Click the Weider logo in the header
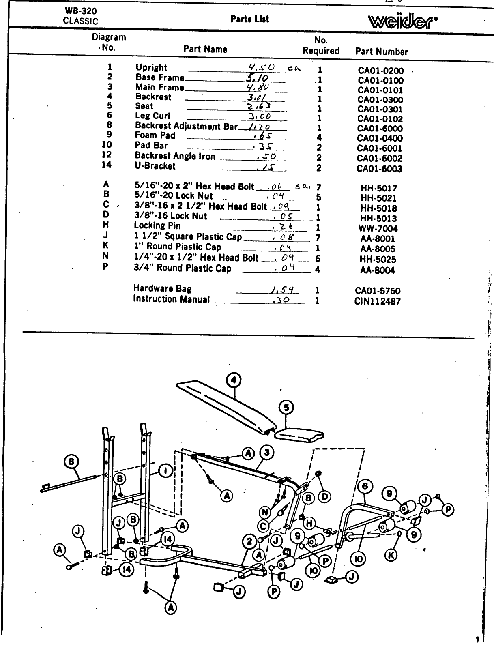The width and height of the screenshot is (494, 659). [x=402, y=21]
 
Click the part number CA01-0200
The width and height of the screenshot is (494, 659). [x=380, y=71]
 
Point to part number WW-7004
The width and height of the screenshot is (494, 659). [x=378, y=229]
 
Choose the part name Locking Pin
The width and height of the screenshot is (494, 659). [x=157, y=226]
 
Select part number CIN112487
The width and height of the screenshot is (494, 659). [x=377, y=301]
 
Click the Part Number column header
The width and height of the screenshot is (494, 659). [x=381, y=52]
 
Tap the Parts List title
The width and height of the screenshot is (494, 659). [x=249, y=19]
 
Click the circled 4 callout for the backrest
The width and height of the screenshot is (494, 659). [x=233, y=380]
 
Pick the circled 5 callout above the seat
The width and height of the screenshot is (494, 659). [x=287, y=408]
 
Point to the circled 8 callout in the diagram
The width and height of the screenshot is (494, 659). [x=71, y=462]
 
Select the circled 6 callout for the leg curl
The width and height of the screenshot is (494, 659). [x=365, y=487]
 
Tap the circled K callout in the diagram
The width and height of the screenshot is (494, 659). [x=391, y=555]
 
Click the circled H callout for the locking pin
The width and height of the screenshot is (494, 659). [x=309, y=524]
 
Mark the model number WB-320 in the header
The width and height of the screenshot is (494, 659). [x=80, y=11]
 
